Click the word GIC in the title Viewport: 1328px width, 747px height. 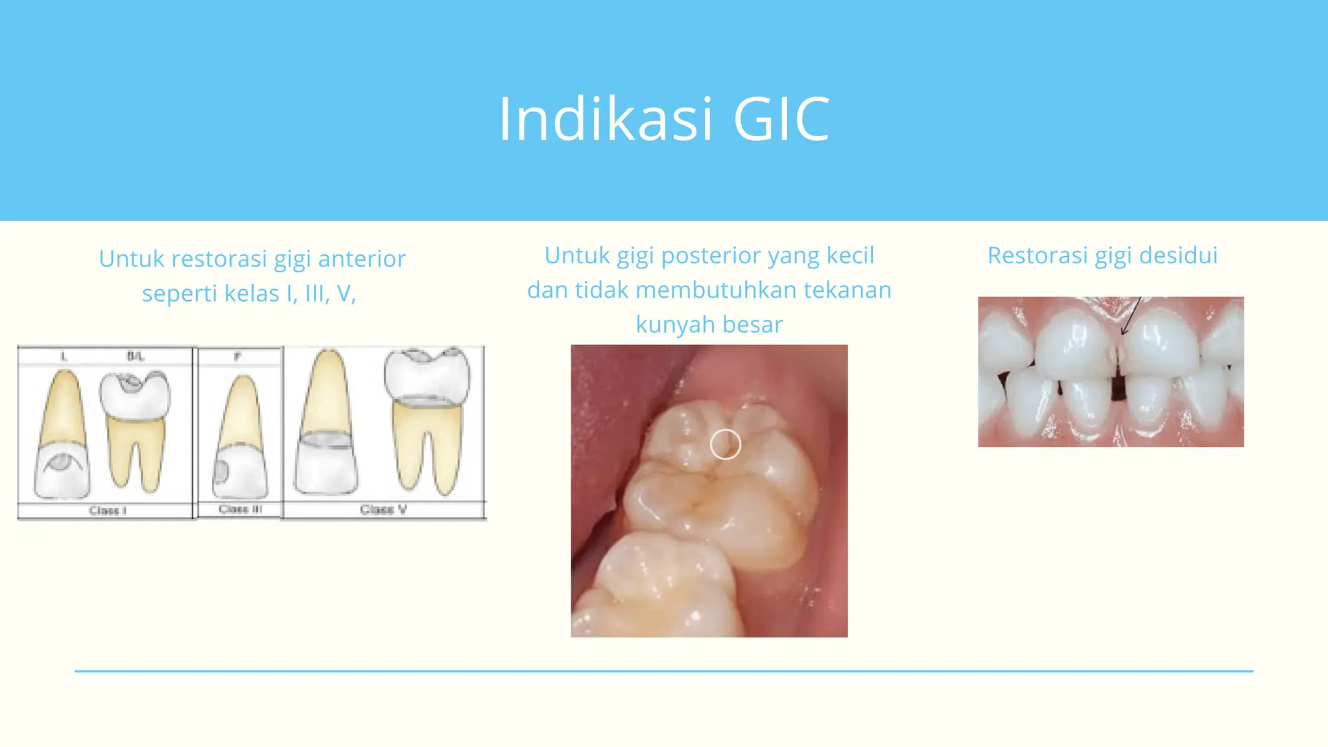(781, 119)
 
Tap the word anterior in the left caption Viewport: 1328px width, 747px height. (362, 259)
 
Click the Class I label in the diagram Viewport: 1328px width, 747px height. (108, 510)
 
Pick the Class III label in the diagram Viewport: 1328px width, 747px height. (240, 509)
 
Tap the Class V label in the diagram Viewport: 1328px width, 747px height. (383, 509)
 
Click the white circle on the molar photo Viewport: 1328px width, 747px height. (725, 445)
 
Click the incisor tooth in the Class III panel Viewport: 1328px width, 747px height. (241, 441)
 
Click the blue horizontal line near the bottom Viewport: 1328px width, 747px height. (664, 671)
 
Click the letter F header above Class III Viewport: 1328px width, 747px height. (237, 356)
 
